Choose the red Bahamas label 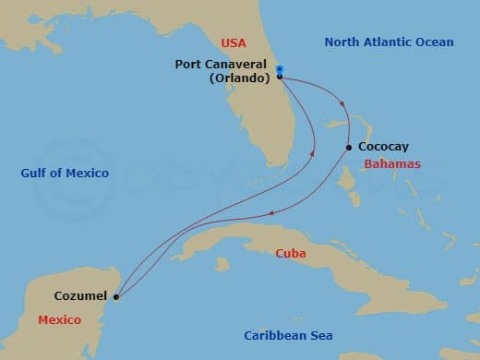(x=392, y=163)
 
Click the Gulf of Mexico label (x=66, y=173)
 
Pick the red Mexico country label (x=58, y=319)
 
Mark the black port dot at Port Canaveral (x=279, y=77)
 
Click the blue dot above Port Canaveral (x=279, y=69)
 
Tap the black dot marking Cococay (x=348, y=148)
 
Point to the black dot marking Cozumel (x=115, y=297)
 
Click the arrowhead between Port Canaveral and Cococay (x=343, y=103)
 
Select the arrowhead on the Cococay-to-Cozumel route (x=271, y=213)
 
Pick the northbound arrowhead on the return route (x=312, y=153)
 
